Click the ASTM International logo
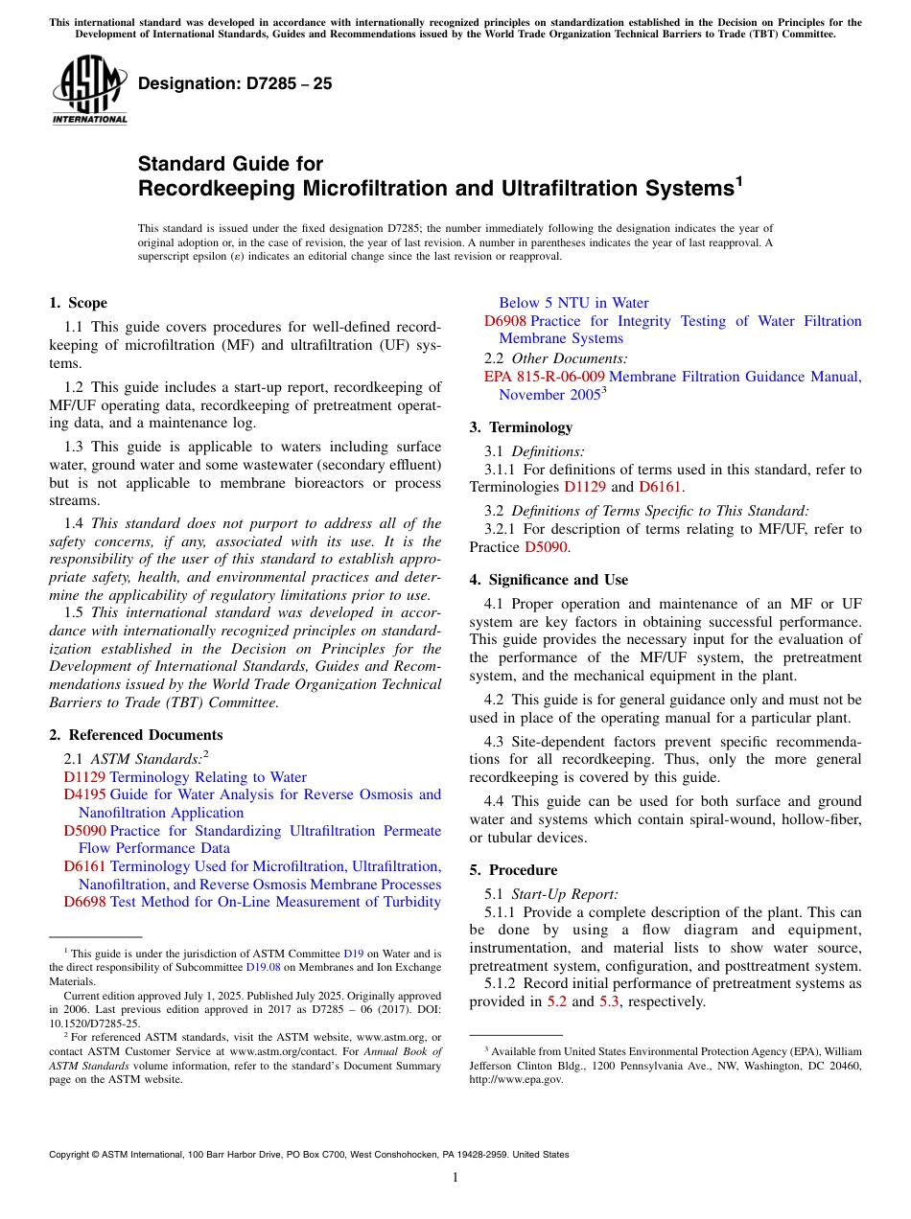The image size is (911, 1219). pos(89,88)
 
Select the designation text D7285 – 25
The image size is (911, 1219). pos(235,83)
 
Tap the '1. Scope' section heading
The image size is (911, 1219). pos(78,303)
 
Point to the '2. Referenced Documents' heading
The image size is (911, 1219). pos(135,735)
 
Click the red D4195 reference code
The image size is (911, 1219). pos(84,794)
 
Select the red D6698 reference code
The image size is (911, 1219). pos(84,902)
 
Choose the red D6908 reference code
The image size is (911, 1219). pos(504,321)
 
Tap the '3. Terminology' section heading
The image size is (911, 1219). pos(521,427)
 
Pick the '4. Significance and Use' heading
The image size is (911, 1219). pos(549,580)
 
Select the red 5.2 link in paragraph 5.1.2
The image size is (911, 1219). pos(556,1001)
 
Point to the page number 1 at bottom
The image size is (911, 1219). pos(455,1177)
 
